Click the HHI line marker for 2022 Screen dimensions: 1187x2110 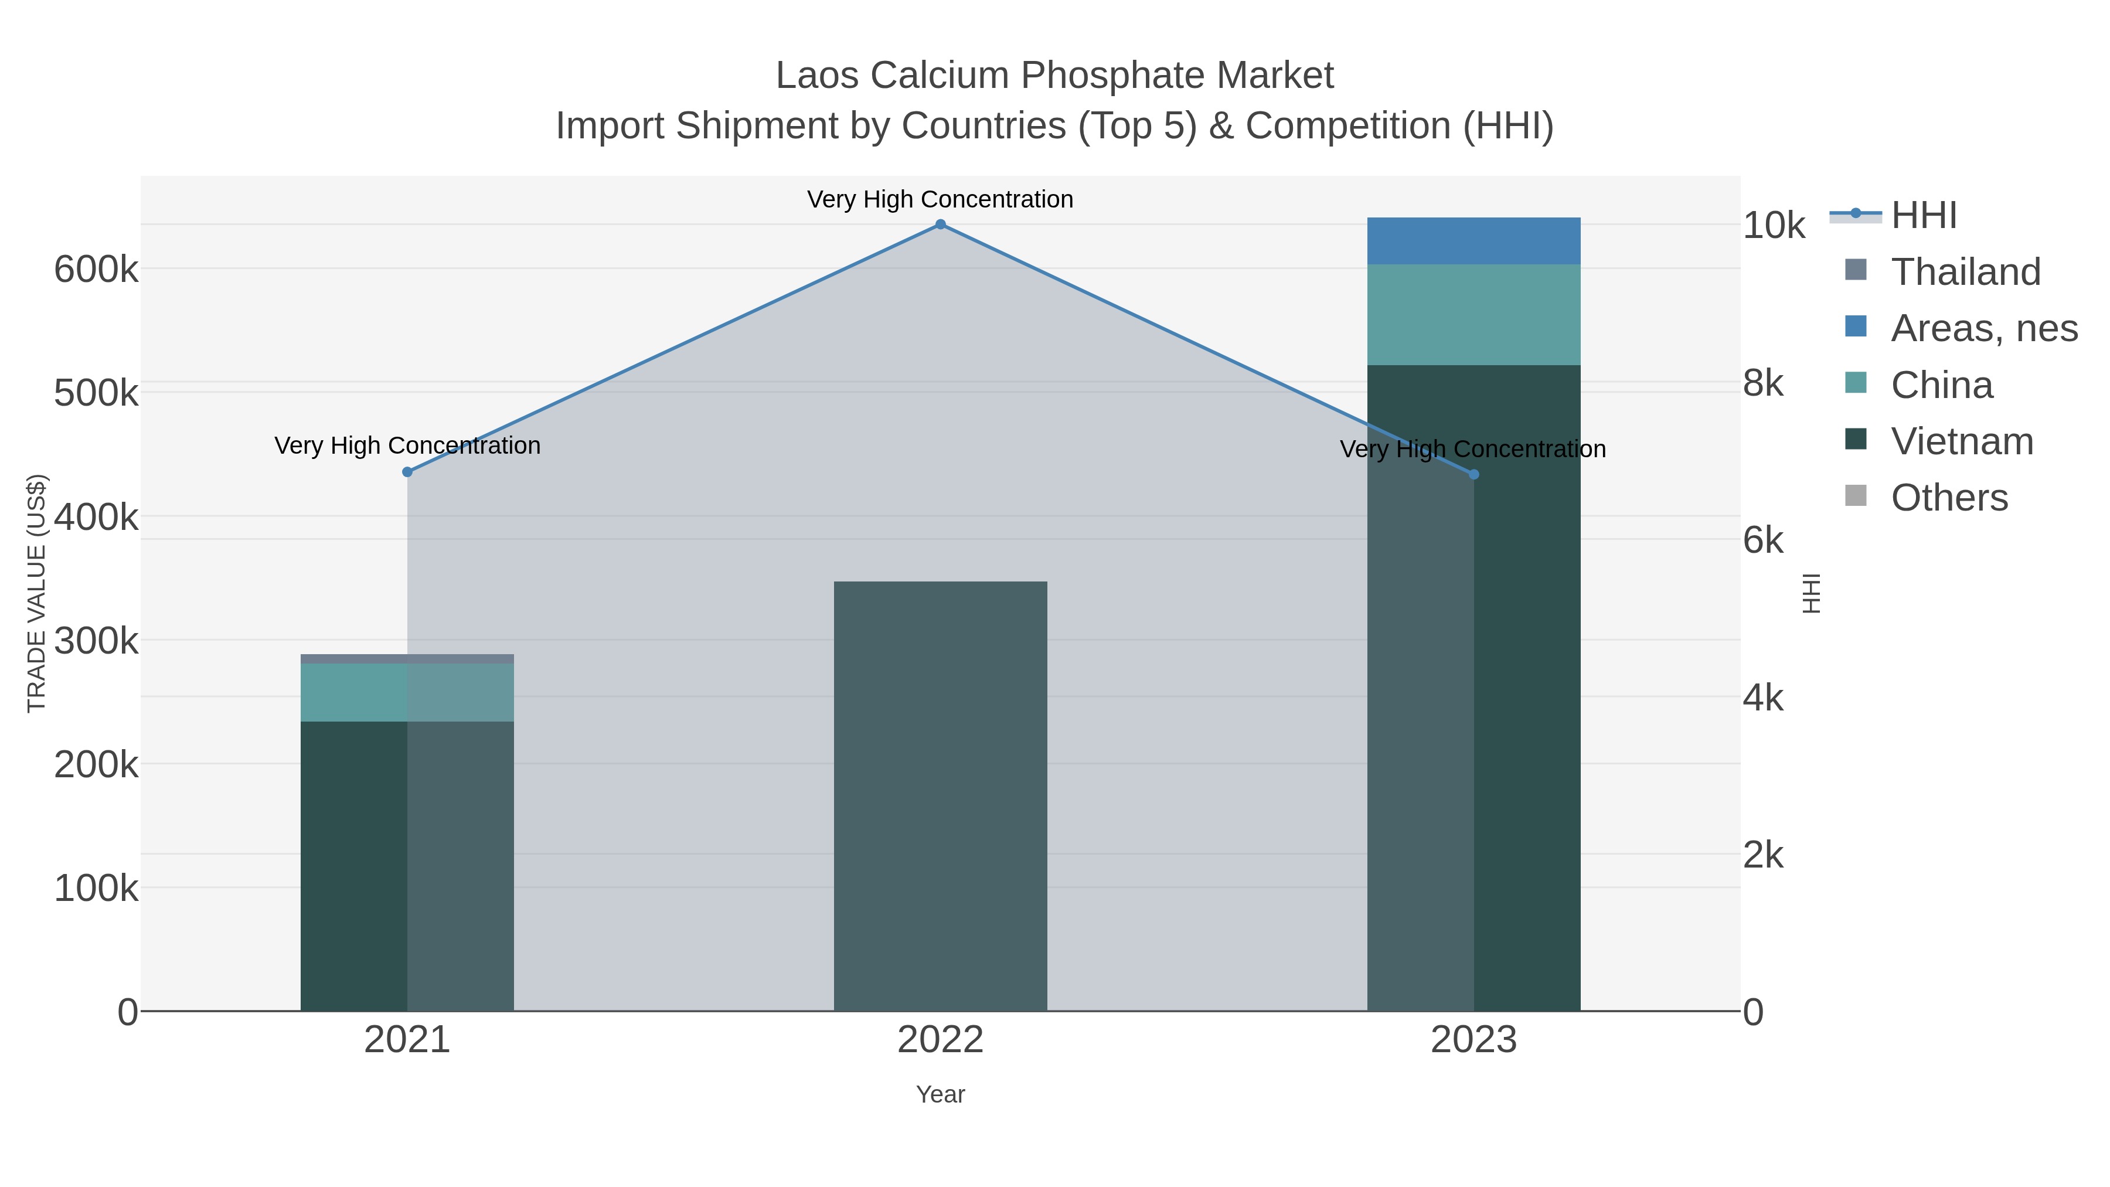coord(940,225)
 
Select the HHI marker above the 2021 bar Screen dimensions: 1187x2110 coord(407,472)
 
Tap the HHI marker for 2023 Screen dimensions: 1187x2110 coord(1473,474)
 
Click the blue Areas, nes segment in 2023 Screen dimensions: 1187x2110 coord(1473,241)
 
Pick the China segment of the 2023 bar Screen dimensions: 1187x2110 coord(1473,315)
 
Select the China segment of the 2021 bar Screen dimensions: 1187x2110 coord(407,692)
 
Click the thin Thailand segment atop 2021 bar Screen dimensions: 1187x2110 coord(407,659)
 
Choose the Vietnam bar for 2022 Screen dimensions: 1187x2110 coord(940,795)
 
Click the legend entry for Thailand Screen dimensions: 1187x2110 coord(1965,272)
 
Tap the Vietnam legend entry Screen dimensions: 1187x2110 coord(1962,441)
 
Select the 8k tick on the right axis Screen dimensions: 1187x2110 coord(1762,383)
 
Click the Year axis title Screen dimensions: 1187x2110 coord(940,1094)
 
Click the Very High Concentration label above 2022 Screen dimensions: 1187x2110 coord(940,199)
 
